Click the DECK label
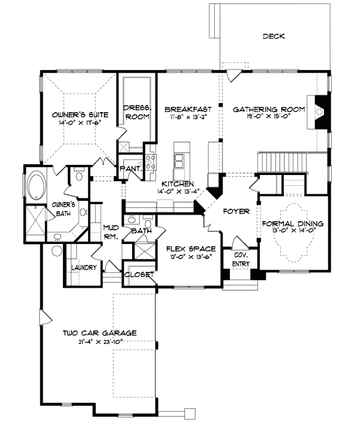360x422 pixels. click(x=273, y=37)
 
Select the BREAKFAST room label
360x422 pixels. click(x=188, y=109)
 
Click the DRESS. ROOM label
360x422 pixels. click(x=136, y=112)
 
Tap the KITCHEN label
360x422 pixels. click(x=176, y=183)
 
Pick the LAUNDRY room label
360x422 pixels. click(x=83, y=267)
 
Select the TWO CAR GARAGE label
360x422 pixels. click(x=101, y=333)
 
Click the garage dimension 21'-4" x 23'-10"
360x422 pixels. click(x=101, y=342)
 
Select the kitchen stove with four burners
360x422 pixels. click(x=150, y=161)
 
